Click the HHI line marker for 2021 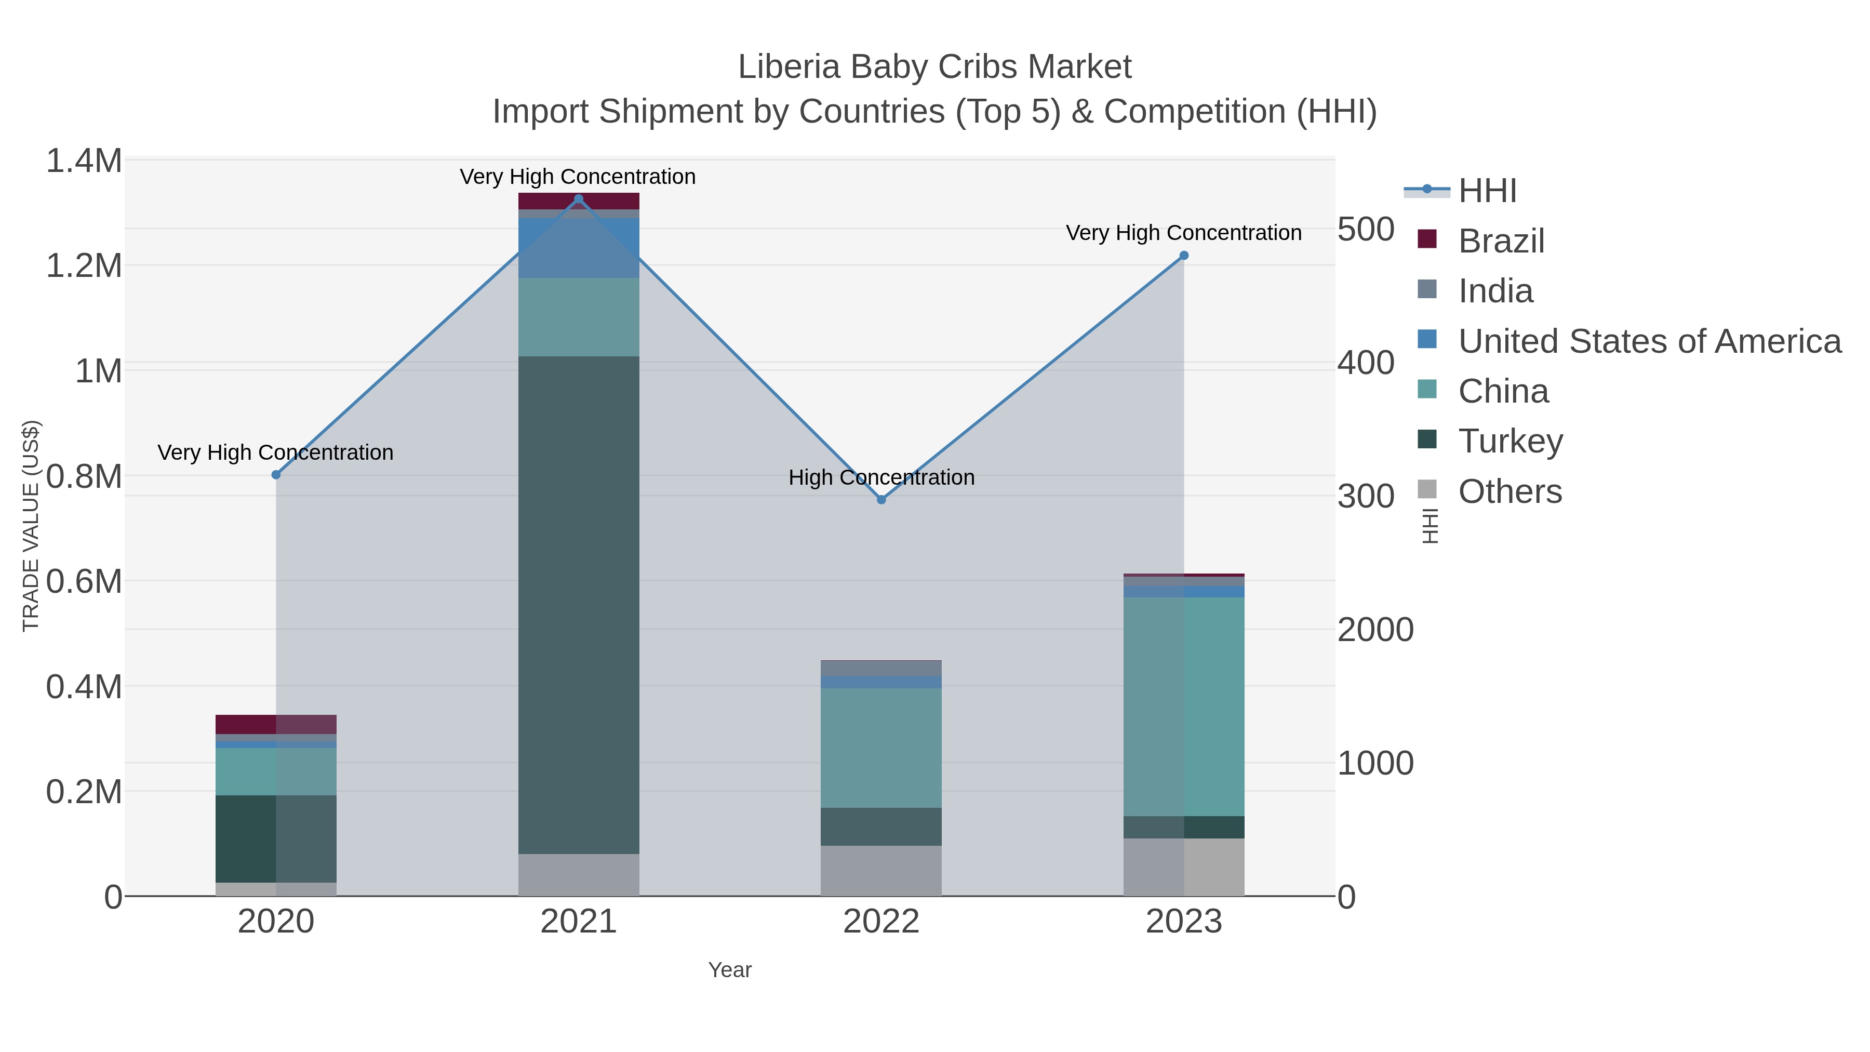coord(579,199)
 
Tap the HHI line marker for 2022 coord(881,499)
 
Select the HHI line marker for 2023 coord(1184,256)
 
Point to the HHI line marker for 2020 coord(276,475)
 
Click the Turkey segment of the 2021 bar coord(579,605)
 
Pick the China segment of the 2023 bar coord(1184,707)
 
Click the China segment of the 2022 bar coord(881,748)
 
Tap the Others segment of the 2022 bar coord(881,871)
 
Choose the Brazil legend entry coord(1501,241)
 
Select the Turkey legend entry coord(1510,442)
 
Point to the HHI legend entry coord(1487,191)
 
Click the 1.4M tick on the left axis coord(84,161)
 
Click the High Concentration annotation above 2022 coord(881,478)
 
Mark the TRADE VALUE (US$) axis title coord(31,526)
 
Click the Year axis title coord(730,970)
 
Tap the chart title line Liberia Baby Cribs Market coord(934,67)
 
